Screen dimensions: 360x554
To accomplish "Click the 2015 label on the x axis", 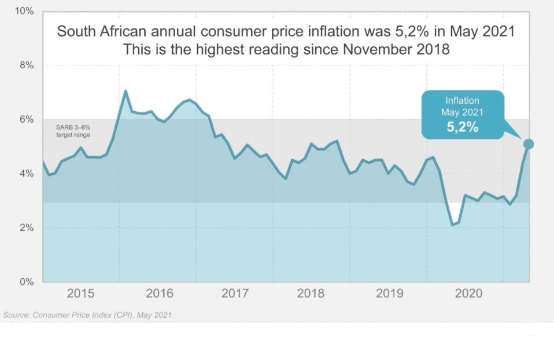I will click(x=81, y=294).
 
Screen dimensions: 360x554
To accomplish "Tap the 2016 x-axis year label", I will click(x=159, y=294).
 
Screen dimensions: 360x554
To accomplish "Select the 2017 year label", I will click(x=235, y=294).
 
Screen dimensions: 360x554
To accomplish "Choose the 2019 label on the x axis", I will click(x=389, y=294).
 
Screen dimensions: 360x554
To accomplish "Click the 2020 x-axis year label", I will click(x=468, y=294).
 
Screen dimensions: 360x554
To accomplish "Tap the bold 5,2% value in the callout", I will click(x=462, y=127).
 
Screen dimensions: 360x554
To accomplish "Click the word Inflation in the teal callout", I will click(x=462, y=101).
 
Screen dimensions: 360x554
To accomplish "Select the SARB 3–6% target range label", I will click(x=73, y=131).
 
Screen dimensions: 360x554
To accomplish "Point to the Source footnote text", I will click(x=87, y=315).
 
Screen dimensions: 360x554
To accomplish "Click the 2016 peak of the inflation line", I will click(x=125, y=91).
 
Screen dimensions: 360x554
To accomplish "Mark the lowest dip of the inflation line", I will click(x=452, y=225).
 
